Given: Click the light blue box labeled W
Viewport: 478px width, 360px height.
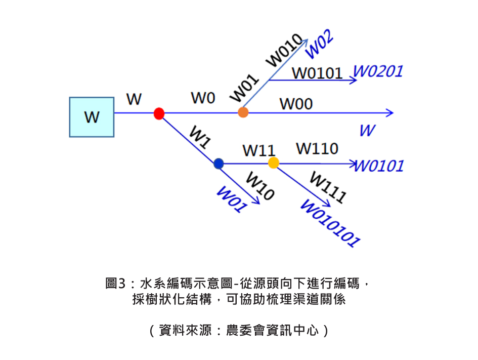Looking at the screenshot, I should pyautogui.click(x=92, y=117).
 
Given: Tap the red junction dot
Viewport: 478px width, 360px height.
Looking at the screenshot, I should pyautogui.click(x=159, y=113).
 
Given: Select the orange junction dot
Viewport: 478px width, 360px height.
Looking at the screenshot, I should pyautogui.click(x=243, y=112).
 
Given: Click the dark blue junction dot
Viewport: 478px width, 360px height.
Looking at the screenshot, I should pyautogui.click(x=219, y=164).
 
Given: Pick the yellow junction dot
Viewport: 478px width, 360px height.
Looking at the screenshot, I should pyautogui.click(x=273, y=163).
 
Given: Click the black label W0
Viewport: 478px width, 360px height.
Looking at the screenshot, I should pyautogui.click(x=203, y=98).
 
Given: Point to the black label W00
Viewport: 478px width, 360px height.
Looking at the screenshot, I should pyautogui.click(x=296, y=104).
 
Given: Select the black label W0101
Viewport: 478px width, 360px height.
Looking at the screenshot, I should pyautogui.click(x=318, y=73).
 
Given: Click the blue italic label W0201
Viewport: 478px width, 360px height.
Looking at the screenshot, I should pyautogui.click(x=378, y=71).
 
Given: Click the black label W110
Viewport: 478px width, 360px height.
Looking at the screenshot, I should pyautogui.click(x=317, y=148).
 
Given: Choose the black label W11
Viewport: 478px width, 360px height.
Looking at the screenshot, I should pyautogui.click(x=258, y=150).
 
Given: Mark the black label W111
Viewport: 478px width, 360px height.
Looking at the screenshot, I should pyautogui.click(x=328, y=187).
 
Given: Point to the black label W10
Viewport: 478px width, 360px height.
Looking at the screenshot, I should pyautogui.click(x=260, y=186).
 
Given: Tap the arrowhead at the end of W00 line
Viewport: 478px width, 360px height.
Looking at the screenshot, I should pyautogui.click(x=390, y=113).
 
